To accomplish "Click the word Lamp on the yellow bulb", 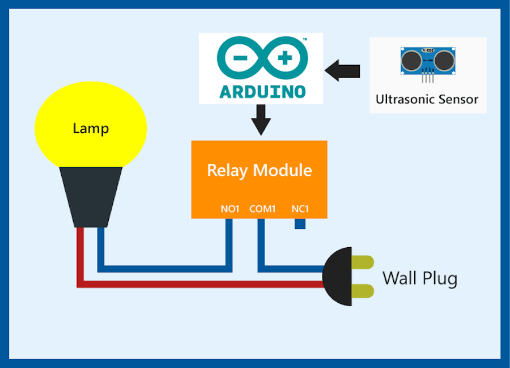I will coord(91,129).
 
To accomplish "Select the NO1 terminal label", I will coord(230,209).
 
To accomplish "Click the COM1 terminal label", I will coord(262,209).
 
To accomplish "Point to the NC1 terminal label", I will coord(300,209).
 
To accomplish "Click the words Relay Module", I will coord(259,170).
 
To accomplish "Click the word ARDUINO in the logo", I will coord(262,91).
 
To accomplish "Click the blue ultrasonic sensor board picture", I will coord(428,61).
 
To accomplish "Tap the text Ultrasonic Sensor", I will coord(427,100).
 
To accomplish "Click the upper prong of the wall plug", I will coord(363,262).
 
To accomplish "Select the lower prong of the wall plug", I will coord(363,291).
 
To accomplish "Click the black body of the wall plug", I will coord(337,277).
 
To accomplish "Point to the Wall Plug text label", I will coord(419,278).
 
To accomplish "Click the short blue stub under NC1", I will coord(300,223).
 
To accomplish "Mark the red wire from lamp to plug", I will coord(198,284).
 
